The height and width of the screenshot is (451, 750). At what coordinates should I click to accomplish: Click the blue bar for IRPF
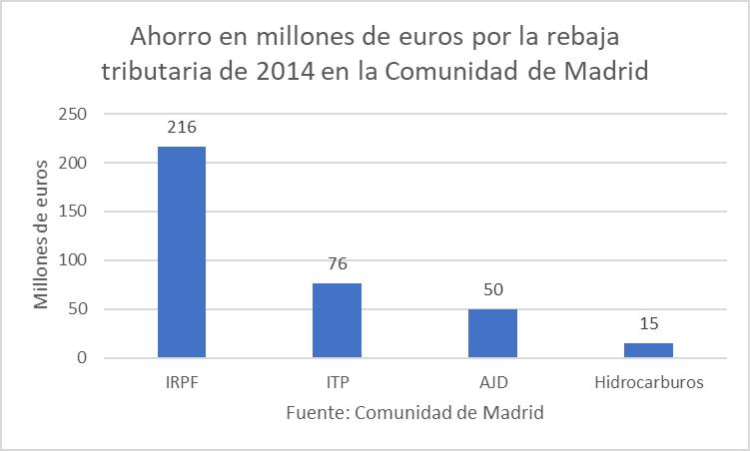(x=182, y=252)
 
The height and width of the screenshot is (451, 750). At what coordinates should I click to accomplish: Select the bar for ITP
(x=338, y=320)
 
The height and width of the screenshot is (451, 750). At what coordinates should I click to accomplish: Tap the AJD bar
(x=492, y=333)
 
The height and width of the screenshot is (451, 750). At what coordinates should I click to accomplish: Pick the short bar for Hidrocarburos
(x=648, y=350)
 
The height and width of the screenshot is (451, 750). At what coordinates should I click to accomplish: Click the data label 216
(x=182, y=128)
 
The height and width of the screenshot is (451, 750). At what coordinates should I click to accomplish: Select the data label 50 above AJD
(x=492, y=290)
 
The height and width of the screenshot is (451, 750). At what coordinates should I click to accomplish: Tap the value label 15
(x=648, y=324)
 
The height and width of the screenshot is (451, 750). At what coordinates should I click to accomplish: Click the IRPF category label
(x=182, y=382)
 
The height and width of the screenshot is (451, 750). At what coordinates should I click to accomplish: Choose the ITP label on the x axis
(x=338, y=382)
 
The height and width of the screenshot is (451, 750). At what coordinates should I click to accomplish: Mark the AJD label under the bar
(x=492, y=382)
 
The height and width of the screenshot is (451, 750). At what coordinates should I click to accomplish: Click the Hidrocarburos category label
(x=648, y=382)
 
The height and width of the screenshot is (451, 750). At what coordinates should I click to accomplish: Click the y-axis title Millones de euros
(x=41, y=232)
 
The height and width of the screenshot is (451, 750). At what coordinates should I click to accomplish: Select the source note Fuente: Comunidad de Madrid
(x=414, y=412)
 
